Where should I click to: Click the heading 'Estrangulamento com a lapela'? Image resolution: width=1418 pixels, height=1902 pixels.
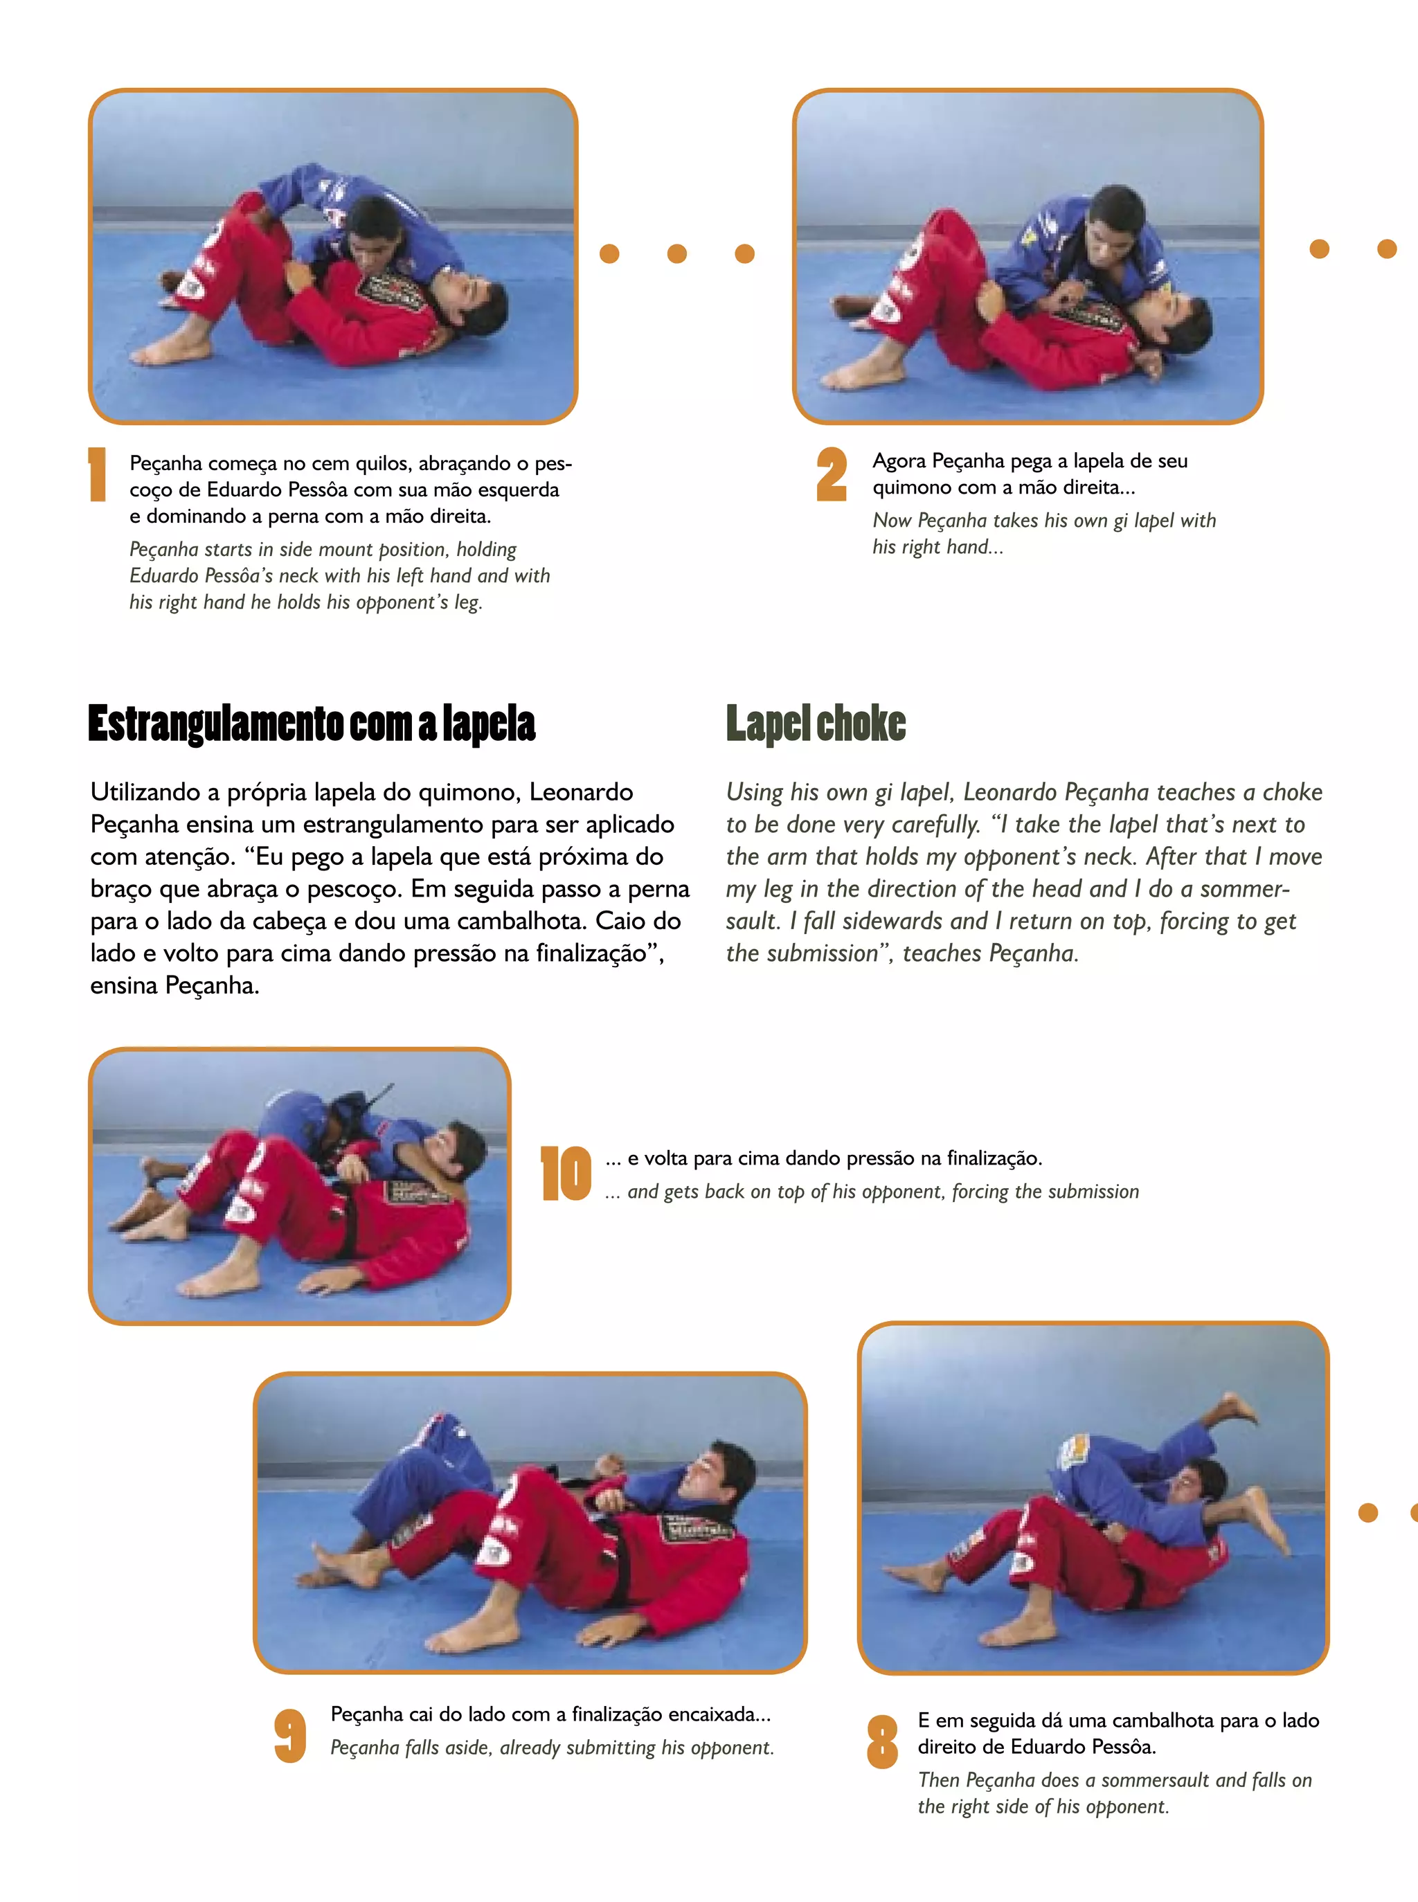pos(312,724)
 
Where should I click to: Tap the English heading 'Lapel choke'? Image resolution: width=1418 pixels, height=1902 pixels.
pos(816,724)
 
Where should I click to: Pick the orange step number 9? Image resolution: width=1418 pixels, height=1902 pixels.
pos(290,1736)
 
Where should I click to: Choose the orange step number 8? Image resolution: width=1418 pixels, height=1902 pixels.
pos(882,1741)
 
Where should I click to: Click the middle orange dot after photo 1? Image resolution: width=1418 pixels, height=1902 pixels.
pos(677,253)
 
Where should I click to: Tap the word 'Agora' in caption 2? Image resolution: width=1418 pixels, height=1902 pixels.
pos(899,462)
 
